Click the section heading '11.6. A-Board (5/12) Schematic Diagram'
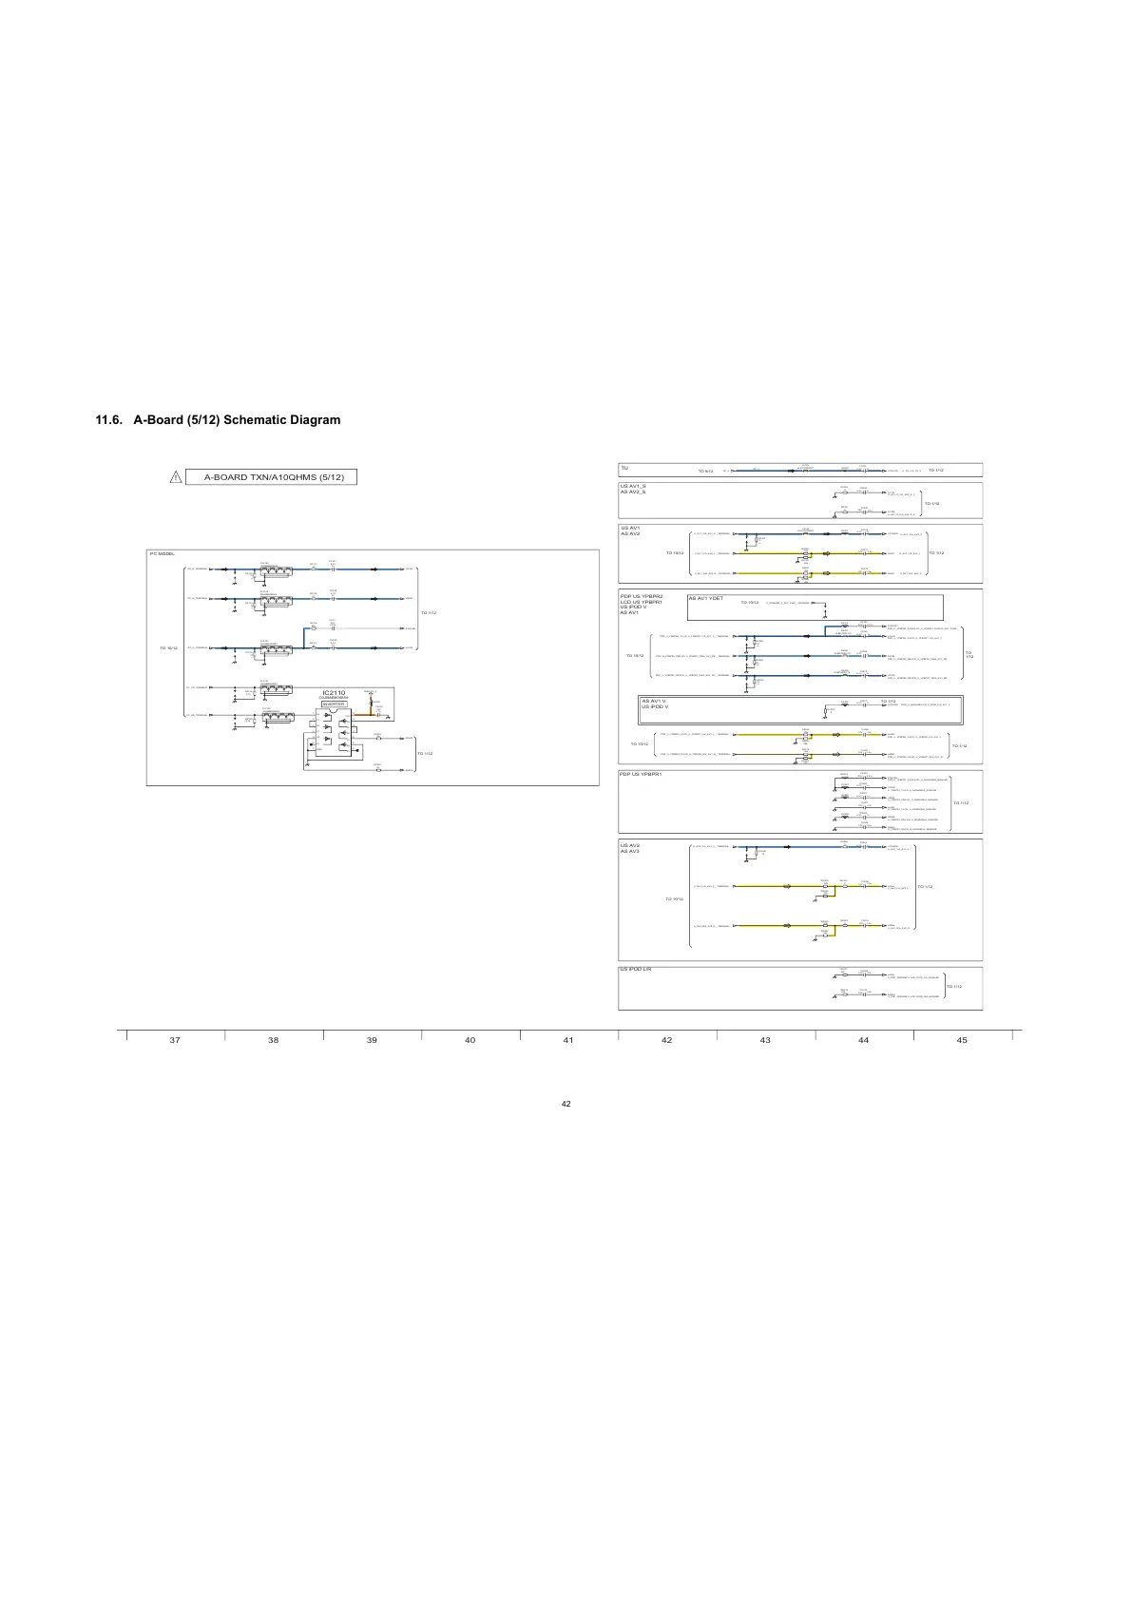pos(218,419)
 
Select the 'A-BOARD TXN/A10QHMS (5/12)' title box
pos(274,476)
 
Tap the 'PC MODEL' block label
pos(161,553)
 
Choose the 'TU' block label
pos(624,468)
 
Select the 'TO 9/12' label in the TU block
pos(705,471)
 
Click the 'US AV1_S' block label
pos(633,486)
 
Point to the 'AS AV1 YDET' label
pos(706,599)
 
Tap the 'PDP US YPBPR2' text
pos(641,595)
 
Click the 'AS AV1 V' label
pos(654,701)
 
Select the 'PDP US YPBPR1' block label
pos(641,774)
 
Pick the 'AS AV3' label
pos(630,852)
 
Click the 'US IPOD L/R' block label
pos(636,969)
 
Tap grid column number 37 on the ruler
pos(175,1040)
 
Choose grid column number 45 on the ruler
pos(962,1040)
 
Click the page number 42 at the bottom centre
pos(566,1104)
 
